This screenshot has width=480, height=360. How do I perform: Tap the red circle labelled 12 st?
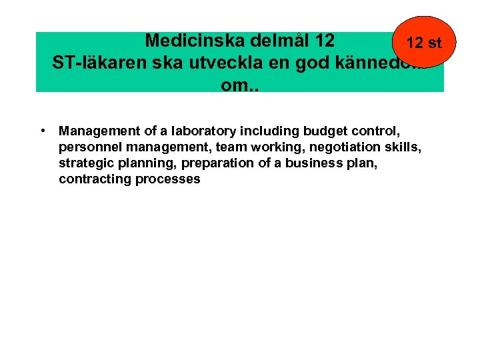[x=423, y=43]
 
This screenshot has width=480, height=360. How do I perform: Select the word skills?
[x=401, y=147]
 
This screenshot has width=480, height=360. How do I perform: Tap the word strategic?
[x=83, y=163]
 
